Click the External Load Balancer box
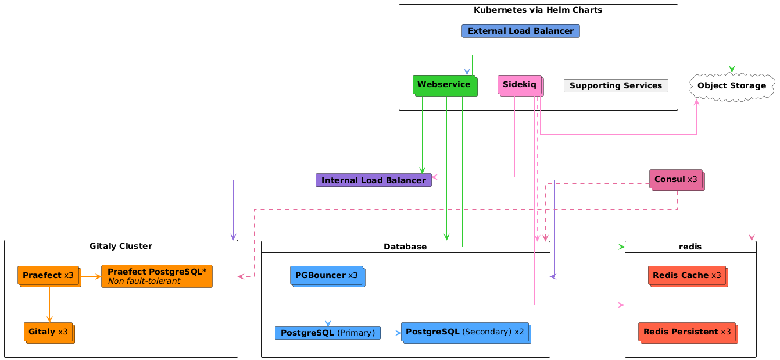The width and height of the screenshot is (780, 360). coord(520,31)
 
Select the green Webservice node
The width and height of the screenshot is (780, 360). coord(444,85)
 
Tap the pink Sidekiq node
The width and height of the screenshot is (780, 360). coord(520,85)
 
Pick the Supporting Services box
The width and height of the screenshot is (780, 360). coord(616,85)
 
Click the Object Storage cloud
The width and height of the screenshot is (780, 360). coord(731,86)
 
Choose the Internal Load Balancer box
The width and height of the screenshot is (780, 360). coord(373,180)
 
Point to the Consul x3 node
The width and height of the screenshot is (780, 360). coord(676,180)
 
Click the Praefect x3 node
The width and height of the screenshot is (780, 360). coord(49,275)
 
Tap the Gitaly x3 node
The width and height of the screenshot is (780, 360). coord(49,332)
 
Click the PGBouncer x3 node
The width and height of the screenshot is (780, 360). coord(327,275)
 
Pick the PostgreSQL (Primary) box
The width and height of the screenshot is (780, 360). coord(327,333)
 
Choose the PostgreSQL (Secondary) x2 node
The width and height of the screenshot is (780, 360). coord(465,332)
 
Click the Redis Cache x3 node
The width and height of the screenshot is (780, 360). coord(687,275)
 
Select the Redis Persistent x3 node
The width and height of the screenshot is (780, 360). coord(687,332)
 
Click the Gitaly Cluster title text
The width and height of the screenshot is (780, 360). coord(121,247)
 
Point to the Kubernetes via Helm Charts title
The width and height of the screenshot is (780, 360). coord(538,10)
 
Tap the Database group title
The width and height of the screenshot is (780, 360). coord(405,247)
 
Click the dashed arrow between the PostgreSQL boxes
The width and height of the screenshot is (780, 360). coord(391,333)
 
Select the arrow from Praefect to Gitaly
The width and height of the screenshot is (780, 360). coord(49,304)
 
